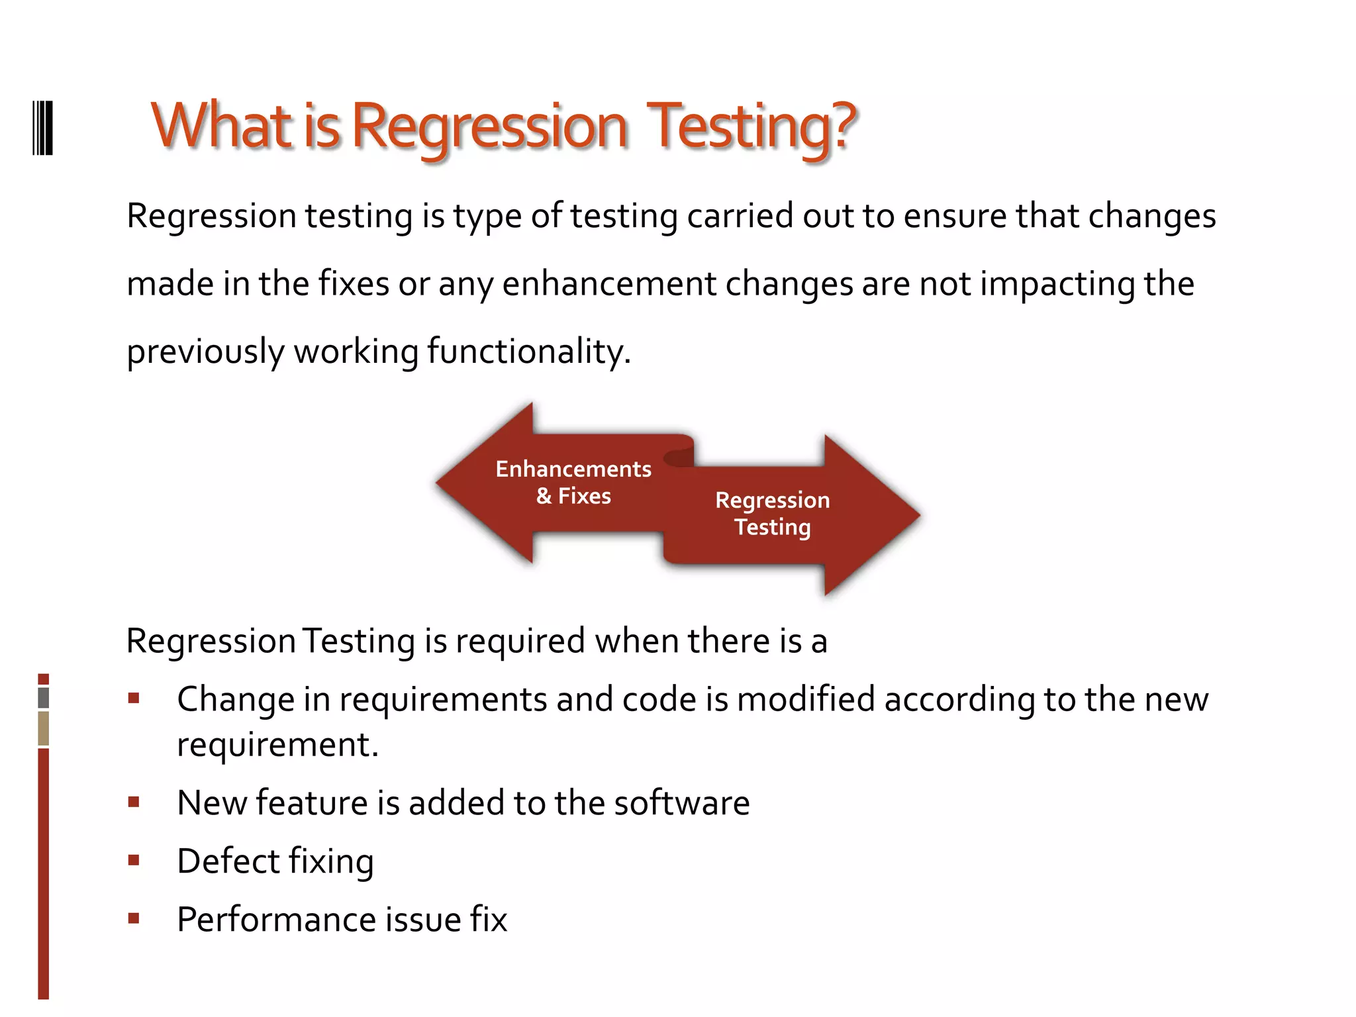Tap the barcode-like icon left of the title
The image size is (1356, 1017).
pyautogui.click(x=42, y=128)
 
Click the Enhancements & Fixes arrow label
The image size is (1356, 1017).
pyautogui.click(x=573, y=482)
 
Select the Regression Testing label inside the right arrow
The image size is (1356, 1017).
pyautogui.click(x=772, y=513)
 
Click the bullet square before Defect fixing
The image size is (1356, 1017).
pyautogui.click(x=134, y=860)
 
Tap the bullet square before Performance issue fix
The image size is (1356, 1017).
pyautogui.click(x=134, y=918)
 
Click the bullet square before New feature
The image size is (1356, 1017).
pyautogui.click(x=134, y=802)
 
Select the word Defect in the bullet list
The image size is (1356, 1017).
pyautogui.click(x=228, y=861)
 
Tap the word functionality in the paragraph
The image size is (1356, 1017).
pyautogui.click(x=528, y=351)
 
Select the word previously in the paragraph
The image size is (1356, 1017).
pyautogui.click(x=205, y=352)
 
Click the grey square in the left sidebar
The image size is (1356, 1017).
pyautogui.click(x=44, y=697)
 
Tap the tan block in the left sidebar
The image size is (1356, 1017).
pyautogui.click(x=44, y=728)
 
